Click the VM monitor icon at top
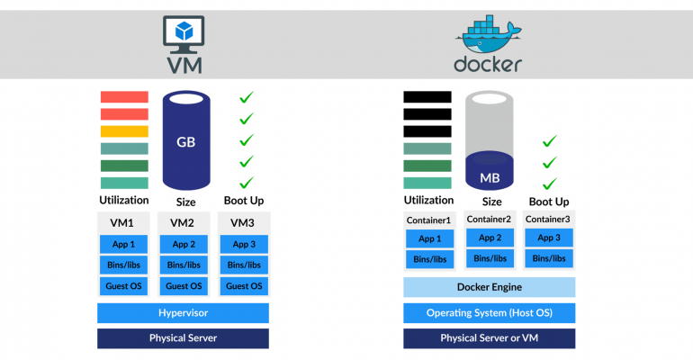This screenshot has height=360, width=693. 184,31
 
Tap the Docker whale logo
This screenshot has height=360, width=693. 489,34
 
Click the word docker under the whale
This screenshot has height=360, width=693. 488,65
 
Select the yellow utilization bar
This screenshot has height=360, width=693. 124,131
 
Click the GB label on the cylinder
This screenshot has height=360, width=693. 185,142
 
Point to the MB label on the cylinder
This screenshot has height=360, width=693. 490,178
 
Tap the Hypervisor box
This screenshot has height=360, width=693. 183,312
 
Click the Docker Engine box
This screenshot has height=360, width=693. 490,287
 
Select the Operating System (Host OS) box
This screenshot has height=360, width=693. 490,312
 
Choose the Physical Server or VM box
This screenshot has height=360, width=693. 490,338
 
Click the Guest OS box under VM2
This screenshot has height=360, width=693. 184,286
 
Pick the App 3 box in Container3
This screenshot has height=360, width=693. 549,238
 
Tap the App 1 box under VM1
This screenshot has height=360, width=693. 124,244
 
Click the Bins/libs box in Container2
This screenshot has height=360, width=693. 490,258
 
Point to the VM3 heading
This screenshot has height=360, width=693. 242,222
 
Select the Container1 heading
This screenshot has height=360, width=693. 428,220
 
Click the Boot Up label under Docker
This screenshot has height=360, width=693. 549,202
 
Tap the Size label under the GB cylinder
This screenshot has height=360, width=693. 185,202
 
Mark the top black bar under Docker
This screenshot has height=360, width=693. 427,96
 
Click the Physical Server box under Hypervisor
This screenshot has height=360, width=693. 183,338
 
